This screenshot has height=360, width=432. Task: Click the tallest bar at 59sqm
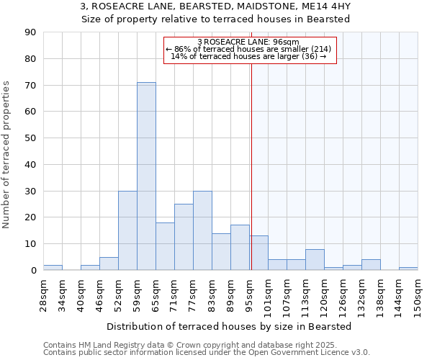(x=146, y=176)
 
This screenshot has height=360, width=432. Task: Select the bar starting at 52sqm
(x=127, y=230)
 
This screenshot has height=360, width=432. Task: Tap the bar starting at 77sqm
(x=202, y=230)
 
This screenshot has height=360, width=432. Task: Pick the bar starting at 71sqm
(x=184, y=237)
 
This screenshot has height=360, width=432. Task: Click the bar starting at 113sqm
(x=315, y=260)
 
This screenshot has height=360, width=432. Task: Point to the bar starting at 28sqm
(x=53, y=268)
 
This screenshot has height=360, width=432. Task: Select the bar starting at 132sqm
(x=371, y=265)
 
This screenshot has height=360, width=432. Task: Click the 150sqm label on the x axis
(x=418, y=295)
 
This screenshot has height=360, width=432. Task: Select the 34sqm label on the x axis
(x=62, y=295)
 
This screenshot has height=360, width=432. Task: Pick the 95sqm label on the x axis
(x=249, y=295)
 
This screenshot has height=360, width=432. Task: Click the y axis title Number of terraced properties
(x=7, y=155)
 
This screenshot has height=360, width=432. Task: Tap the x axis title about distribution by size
(x=229, y=327)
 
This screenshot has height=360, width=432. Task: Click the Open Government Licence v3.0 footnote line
(x=207, y=353)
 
